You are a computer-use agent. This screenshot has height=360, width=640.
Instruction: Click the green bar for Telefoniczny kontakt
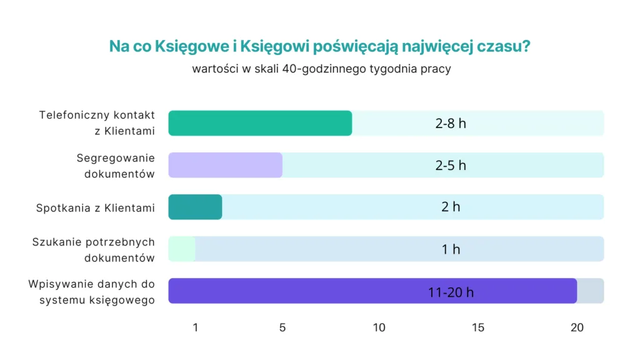coord(260,123)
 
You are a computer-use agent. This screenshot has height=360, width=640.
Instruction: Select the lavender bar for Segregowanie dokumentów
coord(225,165)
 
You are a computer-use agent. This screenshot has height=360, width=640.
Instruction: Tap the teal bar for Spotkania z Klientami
coord(195,207)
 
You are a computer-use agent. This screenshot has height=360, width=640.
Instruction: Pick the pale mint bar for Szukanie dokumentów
coord(182,249)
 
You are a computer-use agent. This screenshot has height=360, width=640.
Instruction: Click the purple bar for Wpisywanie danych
coord(372,291)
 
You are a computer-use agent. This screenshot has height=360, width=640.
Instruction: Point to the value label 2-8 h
coord(451,123)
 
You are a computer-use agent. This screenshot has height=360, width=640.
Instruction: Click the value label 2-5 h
coord(451,165)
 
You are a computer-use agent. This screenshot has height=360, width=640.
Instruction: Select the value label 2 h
coord(451,207)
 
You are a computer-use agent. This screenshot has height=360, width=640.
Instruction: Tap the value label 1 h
coord(451,249)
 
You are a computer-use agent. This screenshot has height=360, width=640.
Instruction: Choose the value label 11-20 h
coord(451,291)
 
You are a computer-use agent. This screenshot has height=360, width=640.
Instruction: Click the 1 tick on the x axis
coord(196,327)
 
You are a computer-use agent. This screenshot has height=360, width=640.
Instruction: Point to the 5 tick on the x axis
coord(282,327)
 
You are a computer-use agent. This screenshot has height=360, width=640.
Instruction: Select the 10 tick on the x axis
coord(379,327)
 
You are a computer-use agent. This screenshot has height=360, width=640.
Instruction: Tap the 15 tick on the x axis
coord(478,327)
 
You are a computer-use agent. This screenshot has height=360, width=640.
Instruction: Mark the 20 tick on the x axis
coord(577,327)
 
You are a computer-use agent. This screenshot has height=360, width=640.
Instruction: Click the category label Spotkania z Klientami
coord(95,207)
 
